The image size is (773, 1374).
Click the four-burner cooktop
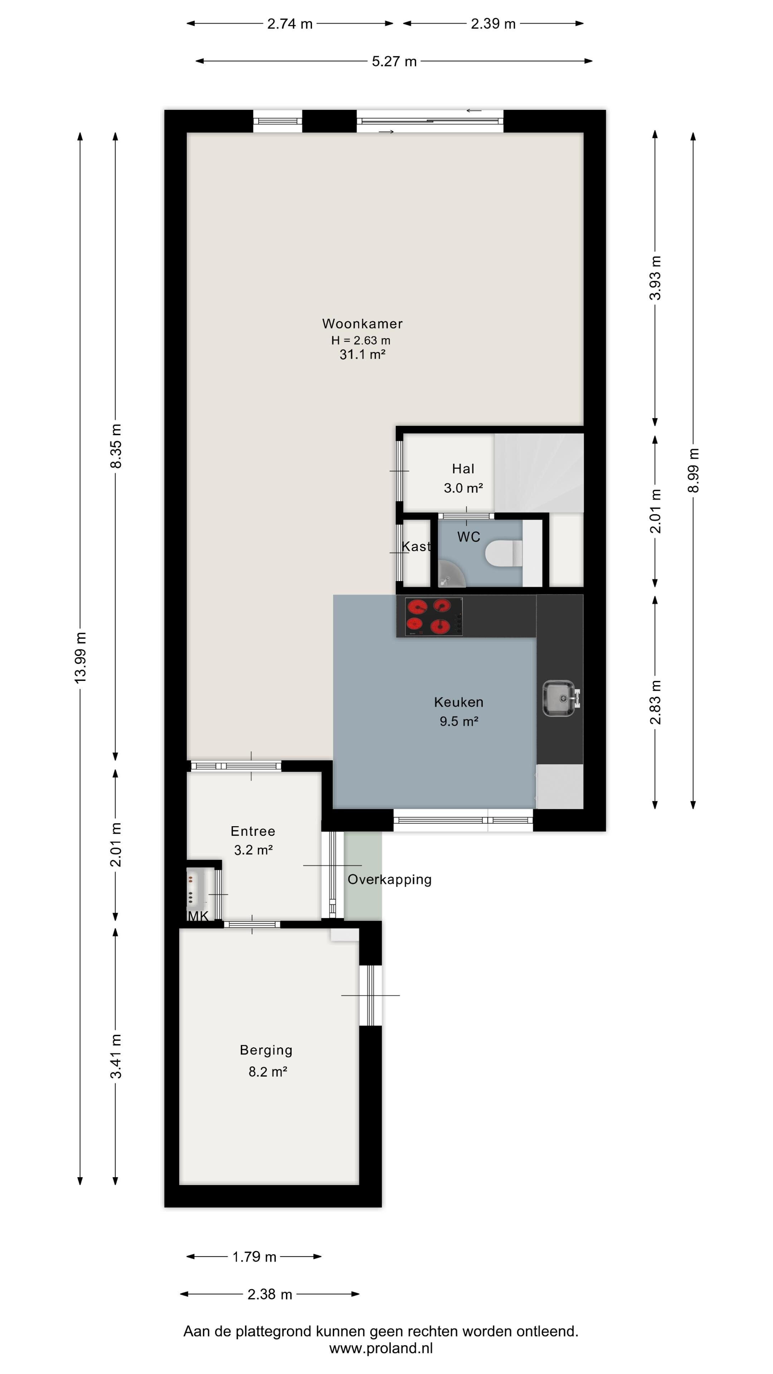[x=434, y=617]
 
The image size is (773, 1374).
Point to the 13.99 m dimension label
[x=80, y=657]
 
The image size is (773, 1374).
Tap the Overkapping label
[x=389, y=879]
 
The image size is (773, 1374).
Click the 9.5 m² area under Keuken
[x=459, y=721]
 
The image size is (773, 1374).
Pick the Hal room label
[x=463, y=468]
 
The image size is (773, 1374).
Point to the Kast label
[x=415, y=546]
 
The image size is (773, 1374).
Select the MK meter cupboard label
[x=198, y=916]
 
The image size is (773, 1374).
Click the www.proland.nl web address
[x=381, y=1348]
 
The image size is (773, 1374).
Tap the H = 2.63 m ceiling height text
[x=361, y=340]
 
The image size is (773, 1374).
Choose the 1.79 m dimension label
[x=254, y=1256]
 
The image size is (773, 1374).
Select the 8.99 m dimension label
[x=692, y=471]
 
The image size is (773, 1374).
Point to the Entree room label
[x=253, y=830]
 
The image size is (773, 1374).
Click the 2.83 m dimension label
[x=655, y=702]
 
